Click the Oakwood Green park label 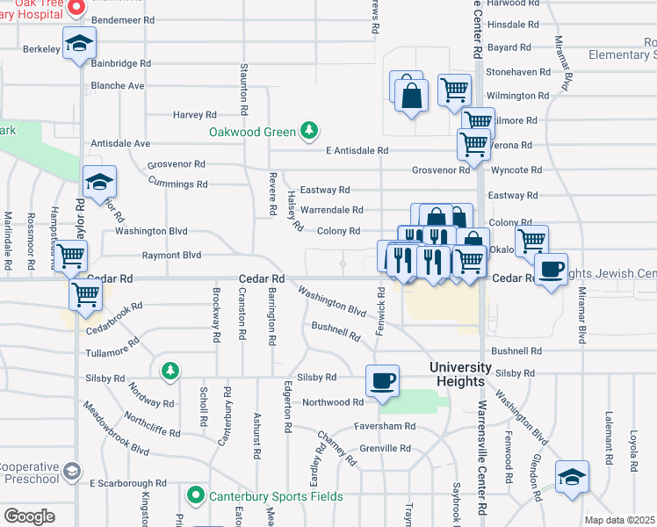[x=251, y=133]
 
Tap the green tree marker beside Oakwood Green [x=308, y=132]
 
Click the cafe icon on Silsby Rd [x=382, y=381]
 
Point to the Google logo [x=29, y=516]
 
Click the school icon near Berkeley [x=79, y=44]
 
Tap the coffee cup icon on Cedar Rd [x=551, y=270]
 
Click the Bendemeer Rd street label [x=122, y=19]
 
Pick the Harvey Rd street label [x=194, y=115]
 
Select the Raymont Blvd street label [x=172, y=256]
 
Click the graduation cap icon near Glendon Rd [x=572, y=477]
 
